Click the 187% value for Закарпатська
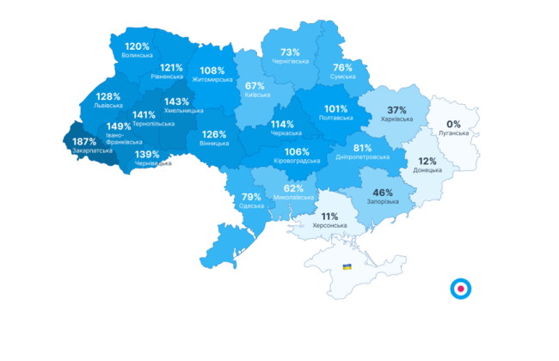coord(84,142)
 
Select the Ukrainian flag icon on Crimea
coord(347,268)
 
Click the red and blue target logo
coord(462,289)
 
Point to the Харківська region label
coord(396,121)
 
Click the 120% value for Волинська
coord(137,46)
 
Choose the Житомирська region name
coord(212,80)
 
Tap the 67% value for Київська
coord(255,86)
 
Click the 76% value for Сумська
coord(342,67)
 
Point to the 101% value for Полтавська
coord(335,109)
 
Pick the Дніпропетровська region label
coord(361,157)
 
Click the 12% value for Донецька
coord(427,161)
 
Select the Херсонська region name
coord(329,226)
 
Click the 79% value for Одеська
coord(251,197)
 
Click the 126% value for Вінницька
coord(214,134)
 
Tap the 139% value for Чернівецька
coord(147,154)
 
